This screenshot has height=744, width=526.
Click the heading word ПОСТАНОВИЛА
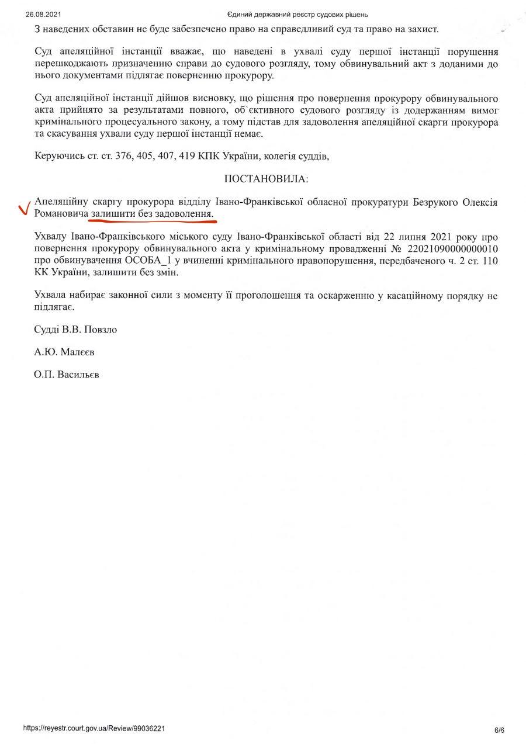(266, 178)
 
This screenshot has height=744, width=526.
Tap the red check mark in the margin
(24, 209)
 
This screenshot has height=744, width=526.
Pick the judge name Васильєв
(79, 375)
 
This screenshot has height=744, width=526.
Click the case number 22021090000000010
(448, 247)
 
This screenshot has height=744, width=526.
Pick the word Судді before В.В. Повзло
(46, 330)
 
